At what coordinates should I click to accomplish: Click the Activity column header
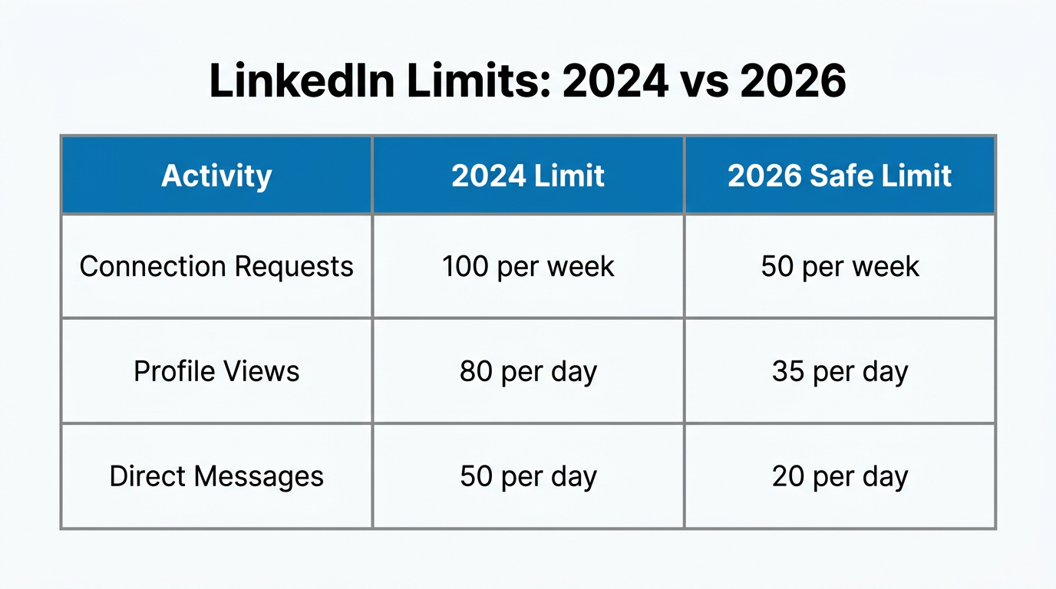(x=216, y=176)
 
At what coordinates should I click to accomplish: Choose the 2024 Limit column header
(x=528, y=176)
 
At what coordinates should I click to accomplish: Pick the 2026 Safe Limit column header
(x=840, y=176)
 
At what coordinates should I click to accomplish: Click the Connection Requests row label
(x=216, y=267)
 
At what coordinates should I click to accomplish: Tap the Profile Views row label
(x=216, y=372)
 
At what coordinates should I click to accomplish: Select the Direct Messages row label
(x=216, y=476)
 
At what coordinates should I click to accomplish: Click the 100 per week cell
(x=528, y=267)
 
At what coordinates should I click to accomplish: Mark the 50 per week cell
(x=840, y=267)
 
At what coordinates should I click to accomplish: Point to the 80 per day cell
(x=528, y=372)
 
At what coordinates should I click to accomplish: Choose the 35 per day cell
(x=840, y=372)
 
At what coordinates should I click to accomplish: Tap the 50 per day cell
(x=528, y=476)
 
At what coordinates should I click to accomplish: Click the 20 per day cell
(x=840, y=476)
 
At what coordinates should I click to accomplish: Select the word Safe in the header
(x=840, y=176)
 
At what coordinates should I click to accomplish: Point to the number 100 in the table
(x=465, y=267)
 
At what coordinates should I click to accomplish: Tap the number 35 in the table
(x=787, y=372)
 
